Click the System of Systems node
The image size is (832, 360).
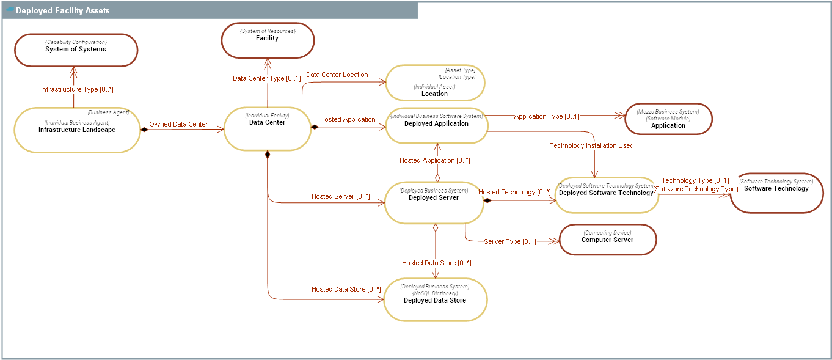pos(76,50)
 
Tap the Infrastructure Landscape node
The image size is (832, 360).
pos(76,130)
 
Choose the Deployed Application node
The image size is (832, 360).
pos(436,126)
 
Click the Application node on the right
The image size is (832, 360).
pos(668,119)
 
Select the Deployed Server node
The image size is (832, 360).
pos(434,202)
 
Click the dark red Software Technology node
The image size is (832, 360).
pos(776,193)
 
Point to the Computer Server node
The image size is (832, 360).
pos(607,239)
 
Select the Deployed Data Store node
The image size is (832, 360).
pos(435,299)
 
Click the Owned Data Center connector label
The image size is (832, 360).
pos(178,124)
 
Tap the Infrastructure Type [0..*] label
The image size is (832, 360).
pos(77,89)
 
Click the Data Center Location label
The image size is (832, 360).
pos(337,75)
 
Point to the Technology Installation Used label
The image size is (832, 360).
pos(591,145)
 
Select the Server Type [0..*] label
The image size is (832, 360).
pos(509,241)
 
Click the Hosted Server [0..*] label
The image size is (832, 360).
pos(340,196)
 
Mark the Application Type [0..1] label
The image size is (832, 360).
pos(546,116)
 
